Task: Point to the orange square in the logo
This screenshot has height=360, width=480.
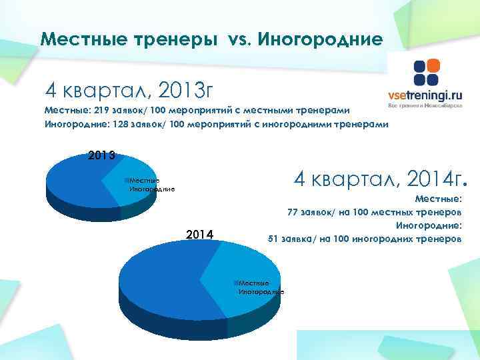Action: [433, 66]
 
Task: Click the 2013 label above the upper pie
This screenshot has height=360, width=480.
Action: [103, 156]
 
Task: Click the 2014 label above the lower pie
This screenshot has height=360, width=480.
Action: [199, 234]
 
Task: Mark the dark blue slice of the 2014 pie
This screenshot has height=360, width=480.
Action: [160, 293]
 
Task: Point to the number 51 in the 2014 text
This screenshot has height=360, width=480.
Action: [273, 238]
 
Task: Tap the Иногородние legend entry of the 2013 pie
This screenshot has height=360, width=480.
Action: [151, 189]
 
